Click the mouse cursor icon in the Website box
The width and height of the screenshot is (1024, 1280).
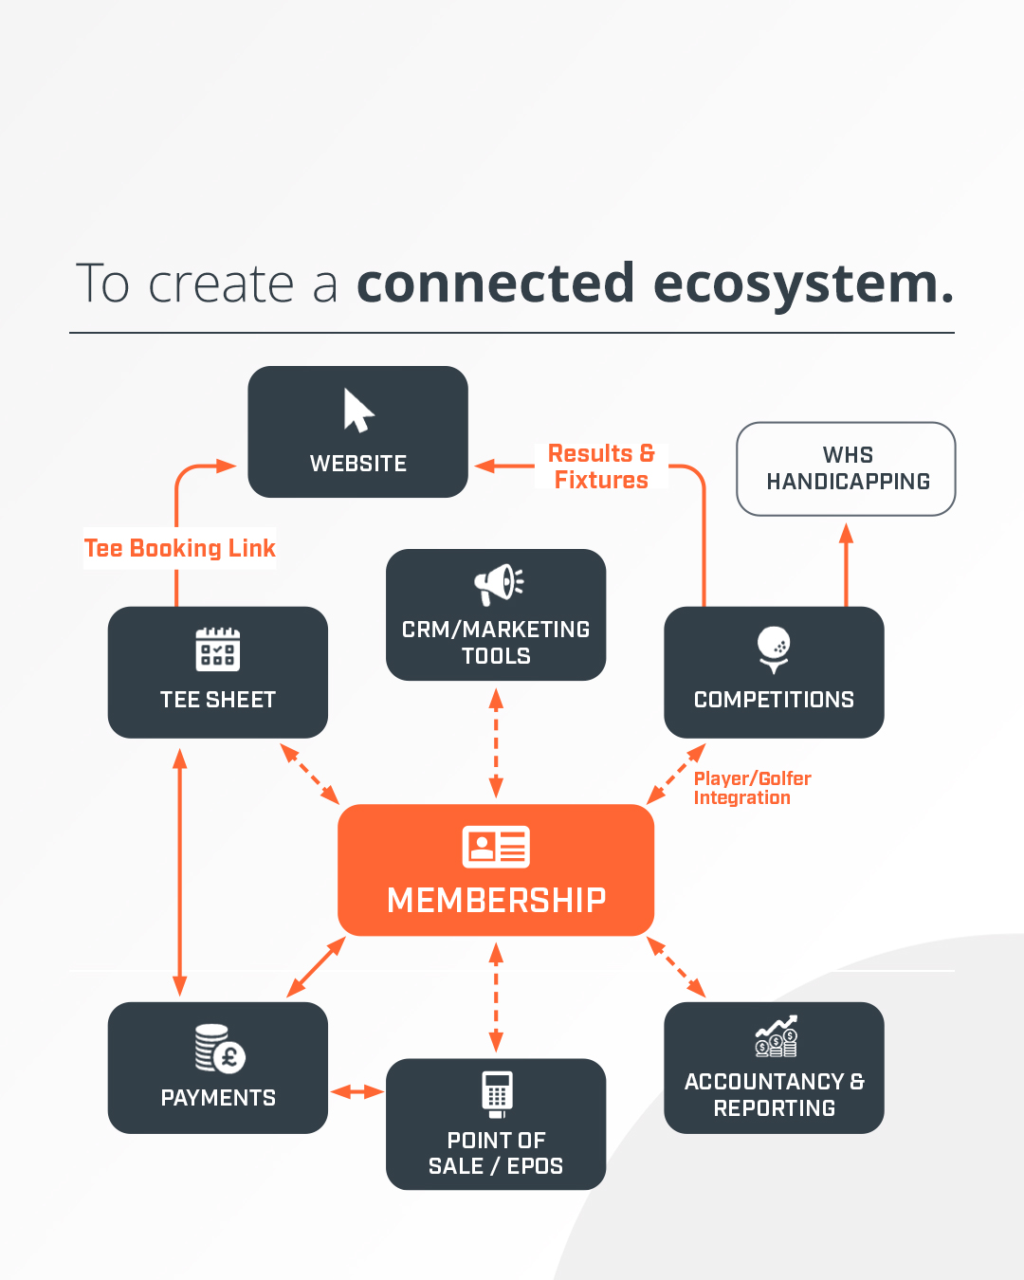(x=358, y=411)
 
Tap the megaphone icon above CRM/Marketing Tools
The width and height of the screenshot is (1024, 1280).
(x=498, y=584)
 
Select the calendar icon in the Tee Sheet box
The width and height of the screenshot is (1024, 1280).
(x=218, y=649)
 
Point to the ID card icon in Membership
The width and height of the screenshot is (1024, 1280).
(x=496, y=847)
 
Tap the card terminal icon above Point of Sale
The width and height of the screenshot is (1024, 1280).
(x=497, y=1093)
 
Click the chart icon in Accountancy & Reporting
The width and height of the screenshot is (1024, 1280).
(x=776, y=1036)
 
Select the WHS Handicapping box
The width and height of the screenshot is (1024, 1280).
(x=846, y=468)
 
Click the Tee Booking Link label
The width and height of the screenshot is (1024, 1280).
(x=180, y=548)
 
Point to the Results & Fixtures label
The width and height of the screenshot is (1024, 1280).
(x=601, y=466)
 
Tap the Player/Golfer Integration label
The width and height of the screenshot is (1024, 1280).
(x=751, y=788)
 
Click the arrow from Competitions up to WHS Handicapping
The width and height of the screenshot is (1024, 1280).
(x=846, y=564)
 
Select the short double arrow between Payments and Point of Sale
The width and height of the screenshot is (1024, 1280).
(x=357, y=1092)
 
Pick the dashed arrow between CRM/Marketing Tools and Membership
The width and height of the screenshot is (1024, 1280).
(x=496, y=743)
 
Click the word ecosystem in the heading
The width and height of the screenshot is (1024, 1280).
(x=803, y=283)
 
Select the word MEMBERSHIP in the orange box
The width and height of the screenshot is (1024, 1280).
(x=496, y=900)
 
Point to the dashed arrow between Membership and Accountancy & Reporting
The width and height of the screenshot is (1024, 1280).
(x=677, y=967)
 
